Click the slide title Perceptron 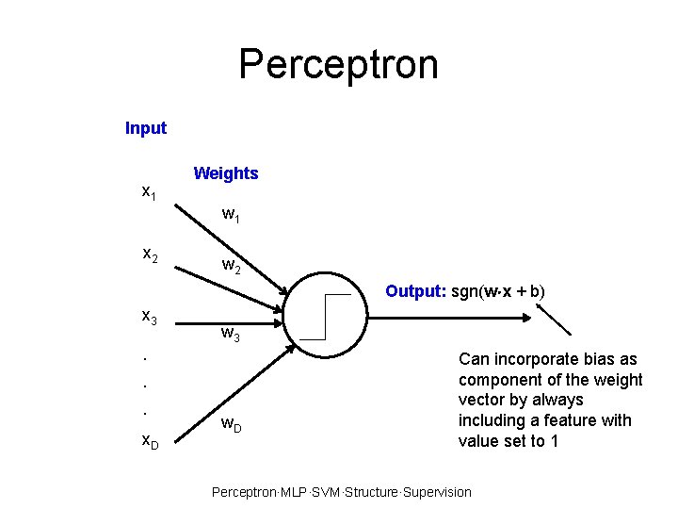(338, 64)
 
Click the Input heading (146, 128)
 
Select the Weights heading (225, 173)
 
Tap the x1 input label (149, 192)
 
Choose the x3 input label (150, 318)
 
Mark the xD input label (150, 439)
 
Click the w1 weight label (231, 215)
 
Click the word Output (416, 291)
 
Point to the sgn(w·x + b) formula (498, 291)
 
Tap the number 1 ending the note (554, 440)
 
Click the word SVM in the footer (322, 492)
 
